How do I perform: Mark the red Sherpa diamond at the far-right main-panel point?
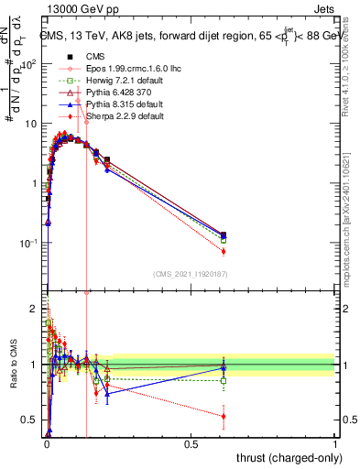[x=224, y=251]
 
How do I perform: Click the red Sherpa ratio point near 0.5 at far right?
[x=224, y=416]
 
